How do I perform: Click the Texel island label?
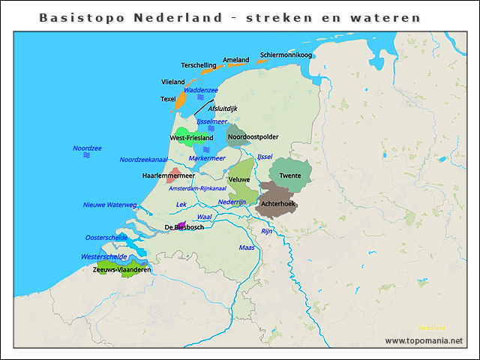tap(168, 99)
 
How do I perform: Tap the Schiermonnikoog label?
tap(286, 55)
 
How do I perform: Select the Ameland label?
tap(236, 60)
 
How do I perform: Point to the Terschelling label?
tap(199, 65)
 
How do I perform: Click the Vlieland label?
tap(173, 81)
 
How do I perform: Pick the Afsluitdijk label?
tap(223, 109)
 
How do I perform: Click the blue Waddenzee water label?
tap(200, 90)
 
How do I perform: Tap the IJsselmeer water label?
tap(211, 121)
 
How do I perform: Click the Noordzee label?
tap(87, 148)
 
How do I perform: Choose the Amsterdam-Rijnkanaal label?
tap(197, 187)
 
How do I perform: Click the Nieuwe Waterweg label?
tap(109, 205)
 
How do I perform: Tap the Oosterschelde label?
tap(106, 237)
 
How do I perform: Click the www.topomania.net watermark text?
tap(424, 340)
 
